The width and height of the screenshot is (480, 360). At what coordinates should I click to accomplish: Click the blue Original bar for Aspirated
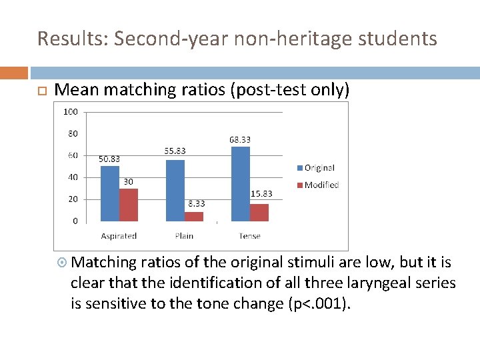[x=109, y=193]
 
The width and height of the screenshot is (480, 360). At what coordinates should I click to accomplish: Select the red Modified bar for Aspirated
[x=128, y=205]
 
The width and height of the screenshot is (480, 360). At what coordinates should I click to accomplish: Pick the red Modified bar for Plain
[x=194, y=217]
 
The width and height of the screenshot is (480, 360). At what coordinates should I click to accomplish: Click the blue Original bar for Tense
[x=240, y=183]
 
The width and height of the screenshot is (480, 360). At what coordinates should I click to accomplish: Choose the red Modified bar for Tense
[x=259, y=212]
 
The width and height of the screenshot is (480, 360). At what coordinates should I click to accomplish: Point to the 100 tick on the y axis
[x=70, y=111]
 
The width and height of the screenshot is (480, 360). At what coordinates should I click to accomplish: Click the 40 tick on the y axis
[x=72, y=177]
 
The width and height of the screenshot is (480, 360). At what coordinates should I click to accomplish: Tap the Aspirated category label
[x=119, y=236]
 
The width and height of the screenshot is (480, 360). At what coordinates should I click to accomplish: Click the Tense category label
[x=249, y=236]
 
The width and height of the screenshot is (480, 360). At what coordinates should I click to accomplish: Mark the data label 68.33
[x=239, y=139]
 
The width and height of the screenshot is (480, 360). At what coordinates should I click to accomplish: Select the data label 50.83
[x=109, y=159]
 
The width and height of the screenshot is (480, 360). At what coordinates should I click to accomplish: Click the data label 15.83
[x=261, y=194]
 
